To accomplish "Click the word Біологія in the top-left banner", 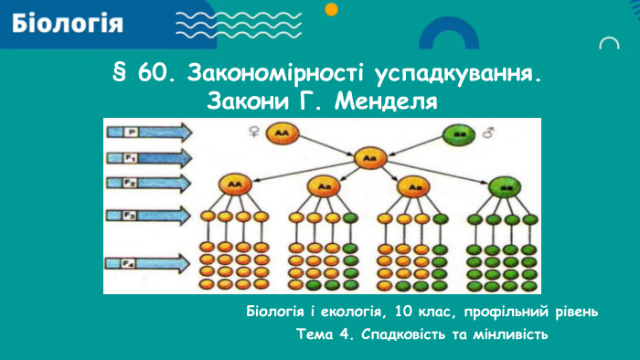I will click(x=69, y=23).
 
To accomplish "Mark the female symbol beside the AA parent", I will click(x=252, y=133).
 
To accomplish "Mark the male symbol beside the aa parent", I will click(x=487, y=133).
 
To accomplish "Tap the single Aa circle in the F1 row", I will click(x=369, y=158).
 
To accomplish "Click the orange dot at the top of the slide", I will click(x=332, y=8).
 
